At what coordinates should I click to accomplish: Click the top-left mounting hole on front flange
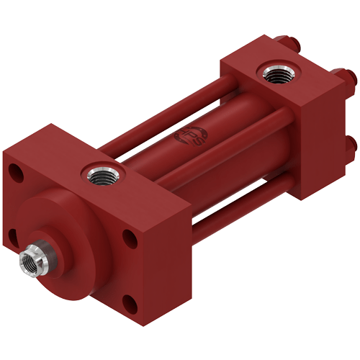click(13, 171)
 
